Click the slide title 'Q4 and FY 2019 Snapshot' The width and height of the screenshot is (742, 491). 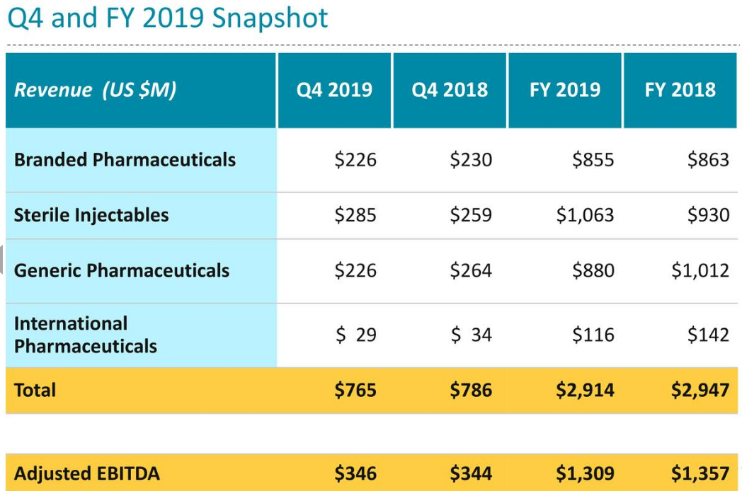[x=168, y=17]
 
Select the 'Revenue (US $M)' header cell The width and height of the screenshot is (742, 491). [x=96, y=90]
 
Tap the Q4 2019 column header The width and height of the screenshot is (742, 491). [x=334, y=90]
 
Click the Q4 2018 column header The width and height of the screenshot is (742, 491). [x=450, y=90]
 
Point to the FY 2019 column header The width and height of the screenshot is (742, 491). [x=565, y=90]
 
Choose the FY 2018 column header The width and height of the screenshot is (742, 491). [x=680, y=90]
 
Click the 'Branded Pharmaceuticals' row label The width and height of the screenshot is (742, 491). [x=125, y=159]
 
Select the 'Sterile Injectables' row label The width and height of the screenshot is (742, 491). [x=91, y=215]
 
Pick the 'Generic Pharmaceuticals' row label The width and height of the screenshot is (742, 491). [x=122, y=270]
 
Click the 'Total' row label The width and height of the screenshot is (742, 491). [x=35, y=390]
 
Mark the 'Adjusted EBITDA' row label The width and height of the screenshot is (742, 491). [x=87, y=473]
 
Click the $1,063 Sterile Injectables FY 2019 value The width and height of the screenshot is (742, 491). [x=586, y=215]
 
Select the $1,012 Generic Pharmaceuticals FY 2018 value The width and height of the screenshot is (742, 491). [x=700, y=270]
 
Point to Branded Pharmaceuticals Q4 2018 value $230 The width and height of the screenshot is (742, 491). [x=471, y=159]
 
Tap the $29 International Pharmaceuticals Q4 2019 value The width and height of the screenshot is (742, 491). [x=356, y=335]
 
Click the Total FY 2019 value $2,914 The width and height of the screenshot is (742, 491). [x=586, y=390]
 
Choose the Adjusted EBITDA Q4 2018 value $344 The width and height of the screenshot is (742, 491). [x=471, y=473]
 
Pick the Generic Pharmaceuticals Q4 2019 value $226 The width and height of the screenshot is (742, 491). [x=355, y=270]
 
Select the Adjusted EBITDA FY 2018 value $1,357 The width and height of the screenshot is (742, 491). [x=700, y=473]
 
